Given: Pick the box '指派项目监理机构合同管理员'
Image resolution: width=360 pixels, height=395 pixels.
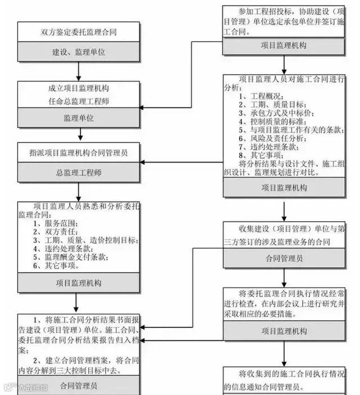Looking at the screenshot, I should click(x=79, y=152).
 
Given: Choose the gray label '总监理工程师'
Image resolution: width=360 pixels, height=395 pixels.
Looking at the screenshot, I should click(x=79, y=172).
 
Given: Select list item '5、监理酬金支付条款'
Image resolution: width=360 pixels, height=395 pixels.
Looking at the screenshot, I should click(x=71, y=257).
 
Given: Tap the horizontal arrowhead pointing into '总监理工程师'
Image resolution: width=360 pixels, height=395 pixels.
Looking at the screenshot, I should click(x=143, y=163).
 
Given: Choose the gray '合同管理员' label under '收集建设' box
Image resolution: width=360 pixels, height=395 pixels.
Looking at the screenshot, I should click(x=284, y=259).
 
